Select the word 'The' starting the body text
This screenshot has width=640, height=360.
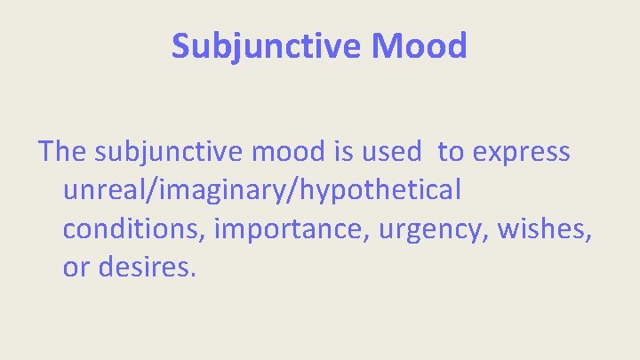(x=60, y=152)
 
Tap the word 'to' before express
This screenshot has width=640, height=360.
(x=451, y=152)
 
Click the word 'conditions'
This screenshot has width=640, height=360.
(x=132, y=228)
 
